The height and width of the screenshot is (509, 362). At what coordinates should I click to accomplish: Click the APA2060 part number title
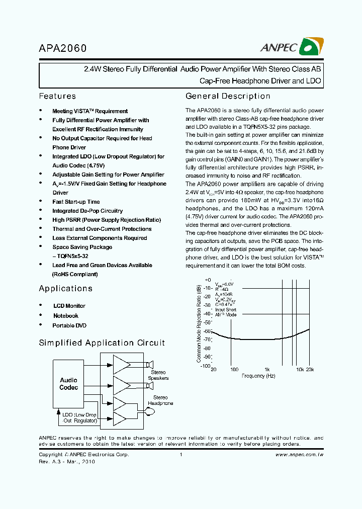tap(63, 49)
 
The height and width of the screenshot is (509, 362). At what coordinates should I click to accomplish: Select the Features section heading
tap(57, 96)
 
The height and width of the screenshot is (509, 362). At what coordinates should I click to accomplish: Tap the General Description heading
tap(228, 96)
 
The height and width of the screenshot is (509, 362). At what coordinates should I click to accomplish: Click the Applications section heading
tap(65, 288)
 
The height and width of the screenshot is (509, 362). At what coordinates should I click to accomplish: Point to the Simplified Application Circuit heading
tap(102, 343)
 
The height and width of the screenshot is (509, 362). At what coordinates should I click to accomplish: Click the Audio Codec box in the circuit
tap(69, 384)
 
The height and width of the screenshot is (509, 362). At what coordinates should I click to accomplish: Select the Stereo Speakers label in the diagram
tap(158, 375)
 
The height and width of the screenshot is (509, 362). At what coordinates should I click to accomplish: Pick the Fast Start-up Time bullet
tap(76, 202)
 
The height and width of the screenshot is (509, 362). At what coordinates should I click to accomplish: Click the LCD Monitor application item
tap(69, 306)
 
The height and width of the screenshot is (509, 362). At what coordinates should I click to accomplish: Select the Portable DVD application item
tap(69, 325)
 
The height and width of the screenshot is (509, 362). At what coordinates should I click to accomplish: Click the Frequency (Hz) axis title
tap(258, 376)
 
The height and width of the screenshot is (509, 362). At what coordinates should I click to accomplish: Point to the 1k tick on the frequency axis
tap(267, 369)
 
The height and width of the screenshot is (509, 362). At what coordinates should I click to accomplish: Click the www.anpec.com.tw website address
tap(299, 454)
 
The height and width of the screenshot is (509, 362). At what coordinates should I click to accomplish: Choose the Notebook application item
tap(66, 316)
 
